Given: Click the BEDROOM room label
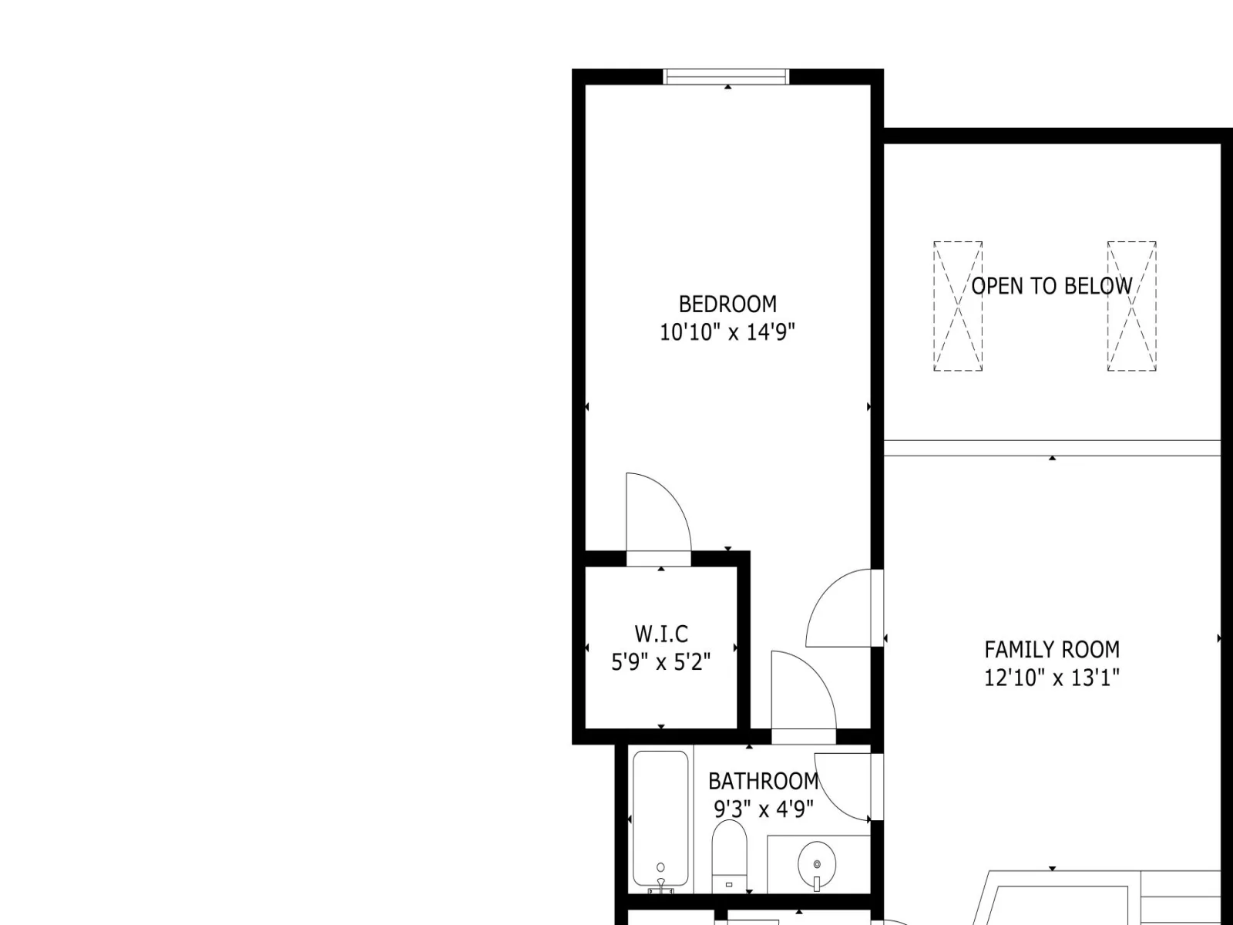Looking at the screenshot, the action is pyautogui.click(x=727, y=304).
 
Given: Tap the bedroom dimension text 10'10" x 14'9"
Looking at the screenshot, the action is pyautogui.click(x=727, y=332).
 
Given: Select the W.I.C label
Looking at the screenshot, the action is pyautogui.click(x=661, y=634).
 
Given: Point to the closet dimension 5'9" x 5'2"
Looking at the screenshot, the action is pyautogui.click(x=661, y=662).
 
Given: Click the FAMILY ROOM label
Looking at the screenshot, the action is pyautogui.click(x=1052, y=650).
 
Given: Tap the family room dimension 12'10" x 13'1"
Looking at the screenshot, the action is pyautogui.click(x=1052, y=678).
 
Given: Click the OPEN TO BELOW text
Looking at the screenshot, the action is pyautogui.click(x=1052, y=287).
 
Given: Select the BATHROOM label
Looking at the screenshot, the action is pyautogui.click(x=764, y=781).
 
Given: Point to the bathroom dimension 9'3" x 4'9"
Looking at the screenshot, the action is pyautogui.click(x=764, y=809).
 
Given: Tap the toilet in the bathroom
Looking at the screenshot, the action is pyautogui.click(x=729, y=856).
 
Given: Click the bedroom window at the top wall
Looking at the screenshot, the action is pyautogui.click(x=727, y=77).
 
